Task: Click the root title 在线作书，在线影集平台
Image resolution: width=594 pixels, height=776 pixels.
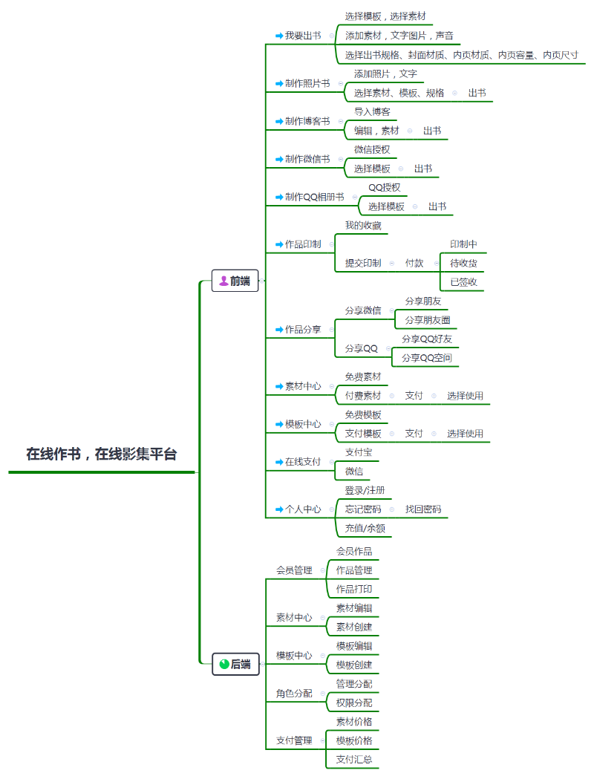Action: (x=102, y=454)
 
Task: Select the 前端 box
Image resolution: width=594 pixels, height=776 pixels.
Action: (x=235, y=281)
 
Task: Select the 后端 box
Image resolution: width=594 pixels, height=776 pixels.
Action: (x=235, y=664)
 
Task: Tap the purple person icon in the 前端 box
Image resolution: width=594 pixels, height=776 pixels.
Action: (x=223, y=281)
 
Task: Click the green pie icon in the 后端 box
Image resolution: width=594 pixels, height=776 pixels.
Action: (x=224, y=664)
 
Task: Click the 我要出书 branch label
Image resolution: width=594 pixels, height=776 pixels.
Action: (x=303, y=36)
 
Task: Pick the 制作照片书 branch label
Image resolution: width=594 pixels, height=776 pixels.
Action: (x=307, y=83)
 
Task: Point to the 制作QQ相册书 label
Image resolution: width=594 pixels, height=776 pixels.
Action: (x=314, y=197)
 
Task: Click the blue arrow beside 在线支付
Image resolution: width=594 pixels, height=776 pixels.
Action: (x=279, y=462)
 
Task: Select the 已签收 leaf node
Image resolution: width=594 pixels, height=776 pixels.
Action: (x=463, y=282)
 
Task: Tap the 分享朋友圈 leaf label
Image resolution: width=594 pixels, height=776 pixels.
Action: (x=428, y=320)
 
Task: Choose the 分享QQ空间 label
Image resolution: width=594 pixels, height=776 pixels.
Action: (x=427, y=358)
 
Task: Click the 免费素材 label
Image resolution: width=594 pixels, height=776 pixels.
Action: (x=363, y=376)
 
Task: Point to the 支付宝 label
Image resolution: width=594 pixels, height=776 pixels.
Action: (x=359, y=451)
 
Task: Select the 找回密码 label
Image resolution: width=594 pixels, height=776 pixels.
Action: (x=422, y=509)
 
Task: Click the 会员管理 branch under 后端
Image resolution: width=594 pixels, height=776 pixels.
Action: (x=294, y=570)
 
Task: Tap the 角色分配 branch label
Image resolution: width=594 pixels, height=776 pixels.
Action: (x=294, y=694)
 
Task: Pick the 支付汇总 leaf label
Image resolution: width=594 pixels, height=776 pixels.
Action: (x=354, y=759)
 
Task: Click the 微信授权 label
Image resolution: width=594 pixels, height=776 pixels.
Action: (x=372, y=149)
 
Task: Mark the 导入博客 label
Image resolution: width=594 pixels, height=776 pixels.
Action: (x=372, y=112)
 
